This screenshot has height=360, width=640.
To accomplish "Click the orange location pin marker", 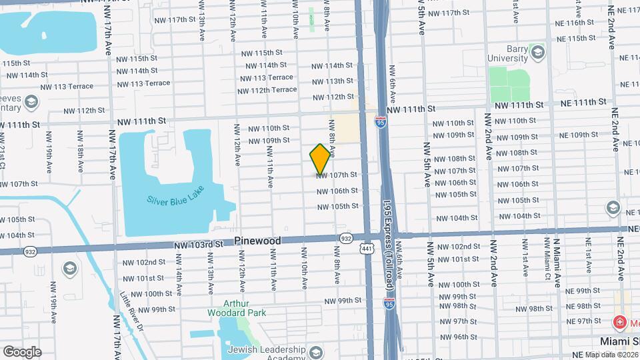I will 321,159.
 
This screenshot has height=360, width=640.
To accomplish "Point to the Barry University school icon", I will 537,51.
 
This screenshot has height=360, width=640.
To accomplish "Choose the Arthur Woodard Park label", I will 236,307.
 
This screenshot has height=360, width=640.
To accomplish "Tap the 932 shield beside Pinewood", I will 345,237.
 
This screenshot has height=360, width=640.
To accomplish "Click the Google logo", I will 22,351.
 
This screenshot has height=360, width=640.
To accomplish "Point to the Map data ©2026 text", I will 611,355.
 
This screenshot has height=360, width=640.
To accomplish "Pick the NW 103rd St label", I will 199,245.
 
